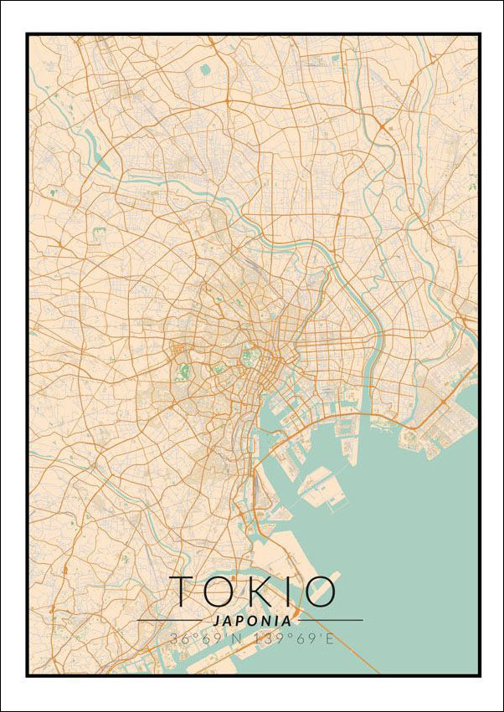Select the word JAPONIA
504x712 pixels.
252,621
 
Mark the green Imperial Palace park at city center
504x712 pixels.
247,358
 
